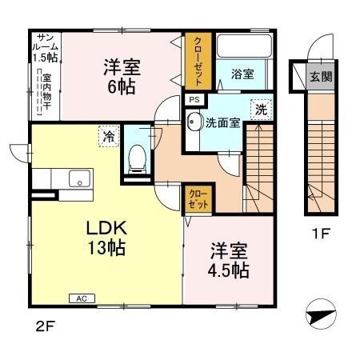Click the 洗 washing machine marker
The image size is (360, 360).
click(x=262, y=111)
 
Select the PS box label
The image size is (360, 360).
click(x=194, y=99)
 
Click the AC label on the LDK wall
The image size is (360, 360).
click(x=81, y=298)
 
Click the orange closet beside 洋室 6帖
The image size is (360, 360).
click(x=194, y=61)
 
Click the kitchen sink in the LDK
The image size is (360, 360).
click(x=78, y=177)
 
